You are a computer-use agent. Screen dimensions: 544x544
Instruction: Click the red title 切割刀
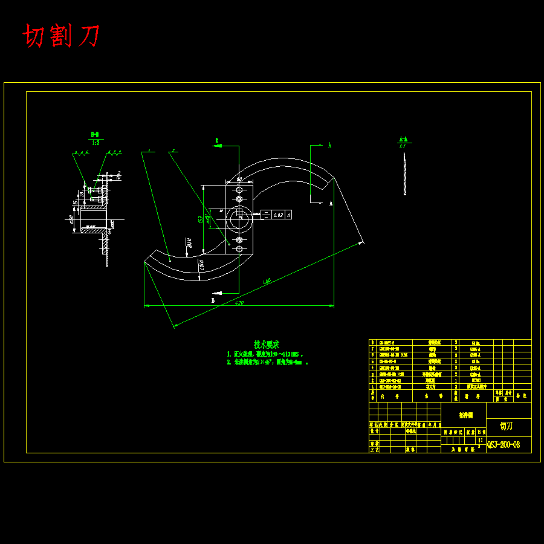[x=62, y=36]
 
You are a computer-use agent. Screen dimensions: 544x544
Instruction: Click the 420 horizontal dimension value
[x=239, y=303]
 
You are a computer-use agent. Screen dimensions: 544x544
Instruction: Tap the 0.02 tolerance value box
[x=277, y=215]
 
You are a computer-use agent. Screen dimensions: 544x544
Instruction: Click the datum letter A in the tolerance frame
[x=288, y=215]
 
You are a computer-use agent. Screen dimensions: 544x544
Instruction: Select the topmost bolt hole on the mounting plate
[x=239, y=189]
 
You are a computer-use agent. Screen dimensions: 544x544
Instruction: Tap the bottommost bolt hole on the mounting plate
[x=239, y=249]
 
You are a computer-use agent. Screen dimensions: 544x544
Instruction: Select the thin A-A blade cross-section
[x=404, y=173]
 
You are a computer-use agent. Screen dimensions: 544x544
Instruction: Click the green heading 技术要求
[x=266, y=344]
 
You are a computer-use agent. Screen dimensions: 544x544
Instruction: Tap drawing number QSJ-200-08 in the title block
[x=504, y=445]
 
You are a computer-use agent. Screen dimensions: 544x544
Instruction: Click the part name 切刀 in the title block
[x=507, y=426]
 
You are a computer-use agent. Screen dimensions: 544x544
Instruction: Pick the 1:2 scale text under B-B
[x=96, y=143]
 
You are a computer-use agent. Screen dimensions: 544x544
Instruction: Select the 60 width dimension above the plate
[x=239, y=180]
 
